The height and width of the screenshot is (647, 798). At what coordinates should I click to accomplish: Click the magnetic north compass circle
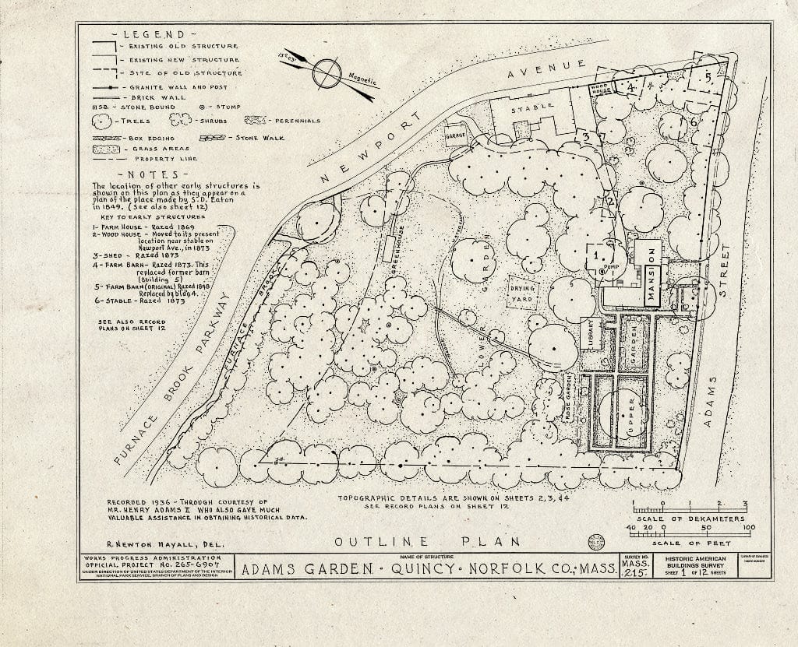pyautogui.click(x=327, y=75)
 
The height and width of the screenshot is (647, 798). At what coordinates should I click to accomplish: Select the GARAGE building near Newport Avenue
pyautogui.click(x=455, y=134)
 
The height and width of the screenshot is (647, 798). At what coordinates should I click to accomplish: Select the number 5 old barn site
pyautogui.click(x=708, y=78)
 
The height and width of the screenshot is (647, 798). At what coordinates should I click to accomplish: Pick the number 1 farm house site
pyautogui.click(x=597, y=254)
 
